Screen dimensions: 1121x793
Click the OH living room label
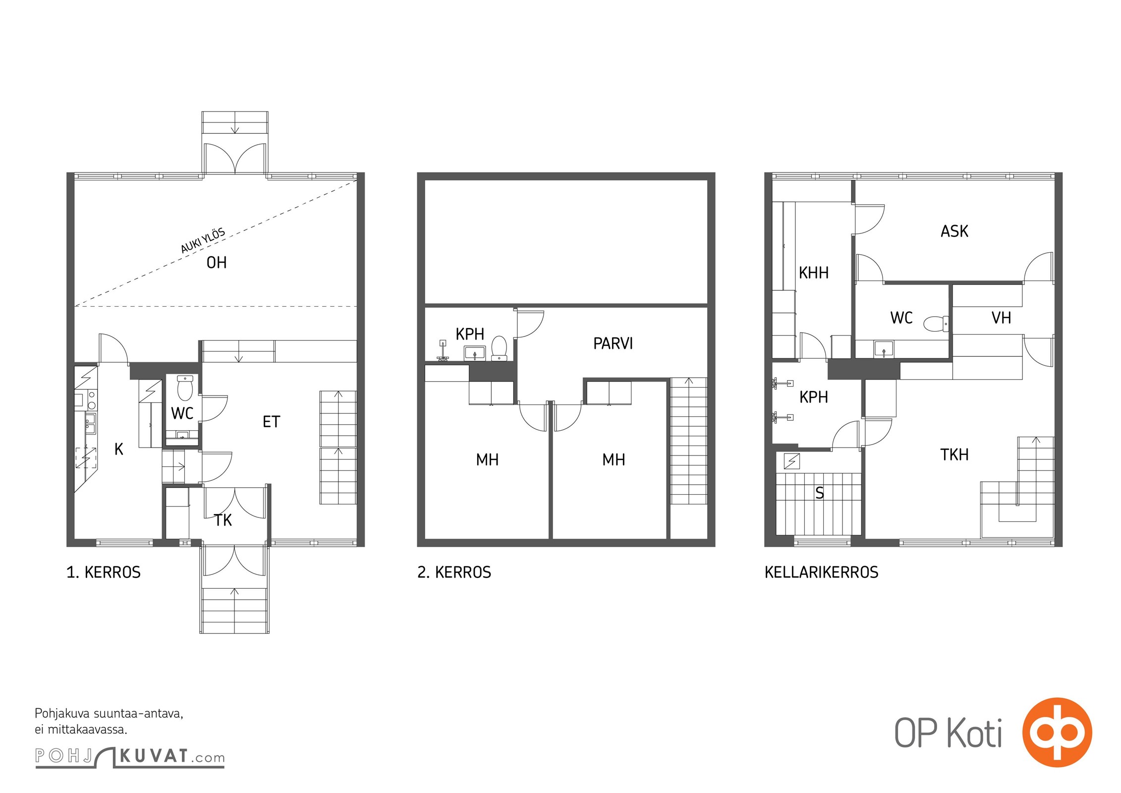pyautogui.click(x=217, y=263)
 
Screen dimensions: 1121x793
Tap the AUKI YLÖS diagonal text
pyautogui.click(x=203, y=241)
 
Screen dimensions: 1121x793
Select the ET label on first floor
pyautogui.click(x=271, y=422)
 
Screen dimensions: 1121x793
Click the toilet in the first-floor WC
pyautogui.click(x=185, y=388)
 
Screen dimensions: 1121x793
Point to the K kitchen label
pyautogui.click(x=119, y=449)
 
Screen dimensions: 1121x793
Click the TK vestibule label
pyautogui.click(x=223, y=520)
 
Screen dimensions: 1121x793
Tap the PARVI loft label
pyautogui.click(x=613, y=343)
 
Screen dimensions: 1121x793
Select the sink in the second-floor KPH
pyautogui.click(x=475, y=353)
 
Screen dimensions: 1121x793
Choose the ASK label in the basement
pyautogui.click(x=954, y=231)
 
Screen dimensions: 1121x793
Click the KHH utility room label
pyautogui.click(x=814, y=273)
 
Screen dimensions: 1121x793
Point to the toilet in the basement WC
pyautogui.click(x=936, y=324)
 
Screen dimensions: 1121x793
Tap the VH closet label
pyautogui.click(x=1001, y=318)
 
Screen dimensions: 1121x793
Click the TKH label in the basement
pyautogui.click(x=954, y=454)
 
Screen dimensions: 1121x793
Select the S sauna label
pyautogui.click(x=820, y=493)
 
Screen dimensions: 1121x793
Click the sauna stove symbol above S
pyautogui.click(x=791, y=461)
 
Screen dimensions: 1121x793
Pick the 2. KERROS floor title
pyautogui.click(x=454, y=572)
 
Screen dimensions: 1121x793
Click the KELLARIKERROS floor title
pyautogui.click(x=822, y=572)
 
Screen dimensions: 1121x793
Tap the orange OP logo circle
pyautogui.click(x=1057, y=733)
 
